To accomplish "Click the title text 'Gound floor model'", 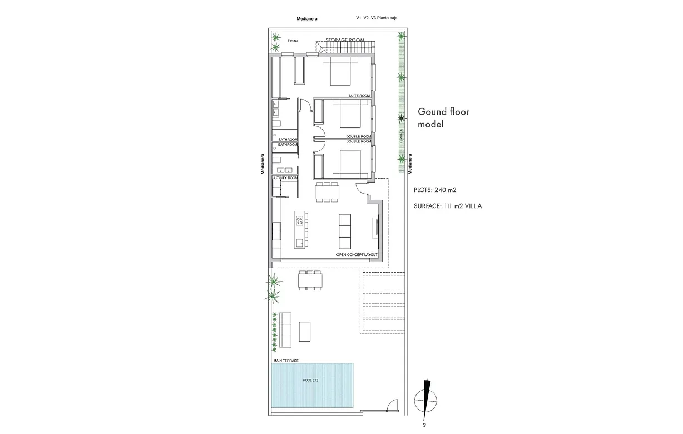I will pyautogui.click(x=444, y=118).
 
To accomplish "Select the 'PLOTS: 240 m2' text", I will pyautogui.click(x=435, y=190).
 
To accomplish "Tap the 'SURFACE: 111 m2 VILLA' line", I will pyautogui.click(x=448, y=206).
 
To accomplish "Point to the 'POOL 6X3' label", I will pyautogui.click(x=310, y=380).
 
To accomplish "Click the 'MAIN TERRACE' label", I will pyautogui.click(x=285, y=361).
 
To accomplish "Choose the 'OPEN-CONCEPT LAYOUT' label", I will pyautogui.click(x=357, y=255).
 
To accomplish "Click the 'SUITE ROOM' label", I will pyautogui.click(x=359, y=96).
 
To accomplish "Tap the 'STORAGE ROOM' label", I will pyautogui.click(x=345, y=41).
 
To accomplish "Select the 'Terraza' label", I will pyautogui.click(x=293, y=41).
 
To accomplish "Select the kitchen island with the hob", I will pyautogui.click(x=300, y=230).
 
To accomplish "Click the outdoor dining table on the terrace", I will pyautogui.click(x=310, y=280).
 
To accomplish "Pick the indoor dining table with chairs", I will pyautogui.click(x=326, y=192).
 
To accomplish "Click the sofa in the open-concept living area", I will pyautogui.click(x=345, y=231).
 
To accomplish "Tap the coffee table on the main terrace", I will pyautogui.click(x=305, y=331).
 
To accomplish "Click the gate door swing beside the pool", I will pyautogui.click(x=393, y=407).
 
